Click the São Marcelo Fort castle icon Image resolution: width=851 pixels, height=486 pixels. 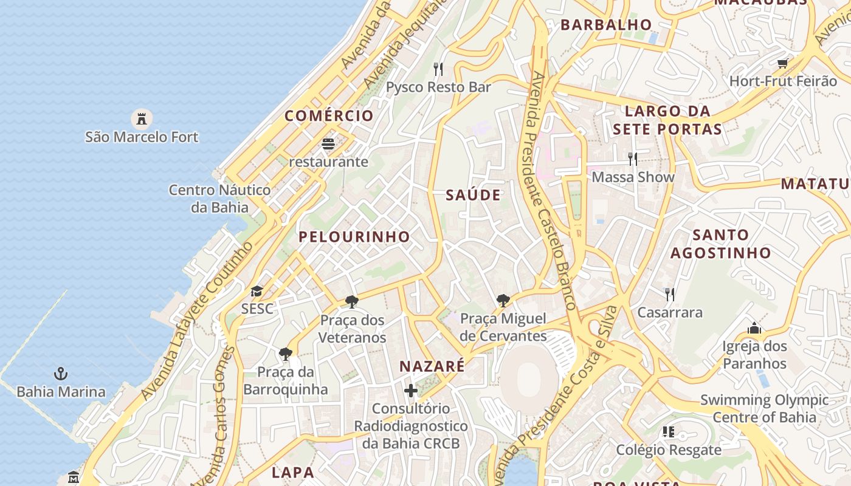tap(142, 118)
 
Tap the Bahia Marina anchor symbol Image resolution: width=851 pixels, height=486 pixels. tap(60, 374)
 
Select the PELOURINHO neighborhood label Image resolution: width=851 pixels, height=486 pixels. tap(354, 237)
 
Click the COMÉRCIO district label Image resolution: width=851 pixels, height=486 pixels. tap(329, 116)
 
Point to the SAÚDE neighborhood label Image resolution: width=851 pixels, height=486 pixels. tap(474, 195)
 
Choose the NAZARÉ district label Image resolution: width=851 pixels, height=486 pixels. tap(432, 366)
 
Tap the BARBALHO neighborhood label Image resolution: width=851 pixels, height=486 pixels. tap(606, 25)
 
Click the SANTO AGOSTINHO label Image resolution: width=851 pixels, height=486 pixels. tap(721, 244)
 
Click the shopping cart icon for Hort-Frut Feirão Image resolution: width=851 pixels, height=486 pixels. tap(783, 63)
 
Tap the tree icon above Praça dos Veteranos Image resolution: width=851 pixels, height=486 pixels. tap(352, 301)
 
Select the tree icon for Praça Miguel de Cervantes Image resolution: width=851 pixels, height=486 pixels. tap(503, 299)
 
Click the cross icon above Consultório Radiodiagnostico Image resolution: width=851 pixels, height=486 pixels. tap(411, 390)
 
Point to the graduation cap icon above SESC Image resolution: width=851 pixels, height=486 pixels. tap(257, 291)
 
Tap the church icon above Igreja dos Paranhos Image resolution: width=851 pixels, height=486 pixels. tap(754, 329)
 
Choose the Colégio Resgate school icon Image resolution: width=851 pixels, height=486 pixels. tap(669, 432)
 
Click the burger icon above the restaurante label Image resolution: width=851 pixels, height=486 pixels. tap(328, 144)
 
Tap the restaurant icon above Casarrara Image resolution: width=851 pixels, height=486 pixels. tap(670, 295)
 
